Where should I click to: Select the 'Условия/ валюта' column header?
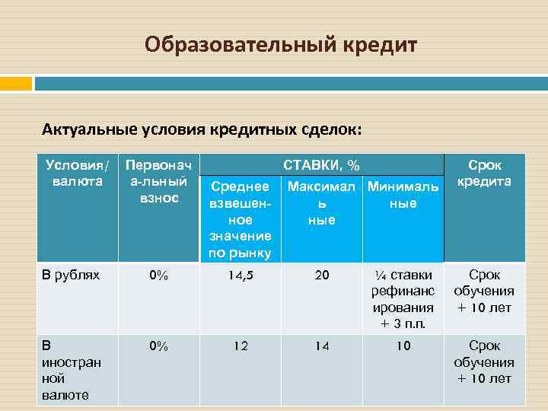point(77,174)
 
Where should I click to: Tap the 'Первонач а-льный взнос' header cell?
point(157,182)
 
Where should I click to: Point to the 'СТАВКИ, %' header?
point(322,165)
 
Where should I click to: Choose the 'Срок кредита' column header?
point(484,174)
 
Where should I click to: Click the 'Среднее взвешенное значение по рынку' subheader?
point(240,219)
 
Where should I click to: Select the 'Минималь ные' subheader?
point(403,195)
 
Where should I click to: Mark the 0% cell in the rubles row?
point(158,276)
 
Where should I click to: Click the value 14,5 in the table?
point(240,276)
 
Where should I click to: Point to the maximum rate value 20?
point(322,276)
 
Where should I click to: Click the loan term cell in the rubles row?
point(484,291)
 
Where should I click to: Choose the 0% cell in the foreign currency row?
point(158,346)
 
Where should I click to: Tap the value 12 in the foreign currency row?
point(240,346)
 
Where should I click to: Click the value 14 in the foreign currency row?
point(322,346)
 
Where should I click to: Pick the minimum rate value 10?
point(403,346)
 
